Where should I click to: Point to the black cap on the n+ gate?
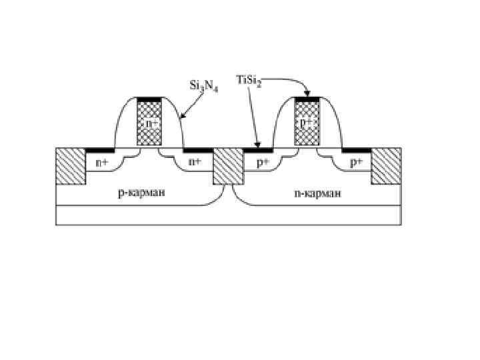click(150, 100)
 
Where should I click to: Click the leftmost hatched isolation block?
click(71, 165)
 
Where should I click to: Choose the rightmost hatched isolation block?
click(386, 165)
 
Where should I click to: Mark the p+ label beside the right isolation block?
click(357, 162)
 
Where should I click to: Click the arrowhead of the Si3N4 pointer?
click(183, 118)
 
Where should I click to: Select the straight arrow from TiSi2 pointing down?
click(253, 117)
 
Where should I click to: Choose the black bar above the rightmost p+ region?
click(357, 149)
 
